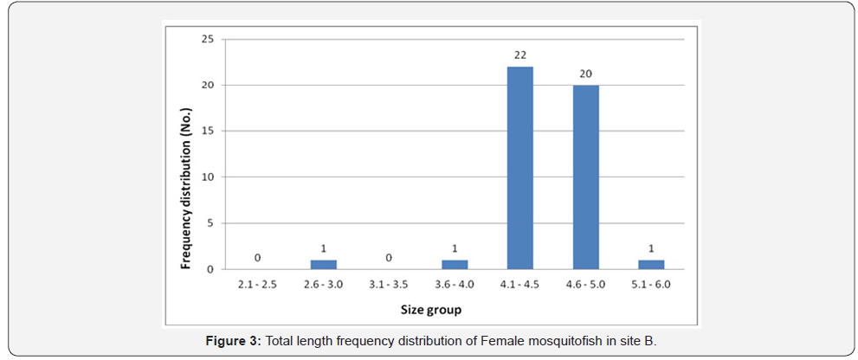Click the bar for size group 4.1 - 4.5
[519, 168]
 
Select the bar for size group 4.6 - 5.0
[585, 177]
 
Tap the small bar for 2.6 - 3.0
[324, 265]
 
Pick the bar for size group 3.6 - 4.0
[455, 265]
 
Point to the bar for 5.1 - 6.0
[650, 265]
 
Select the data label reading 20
[585, 74]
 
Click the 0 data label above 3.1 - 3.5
[390, 258]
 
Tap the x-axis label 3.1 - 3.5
[390, 283]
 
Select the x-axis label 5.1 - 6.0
[650, 283]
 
